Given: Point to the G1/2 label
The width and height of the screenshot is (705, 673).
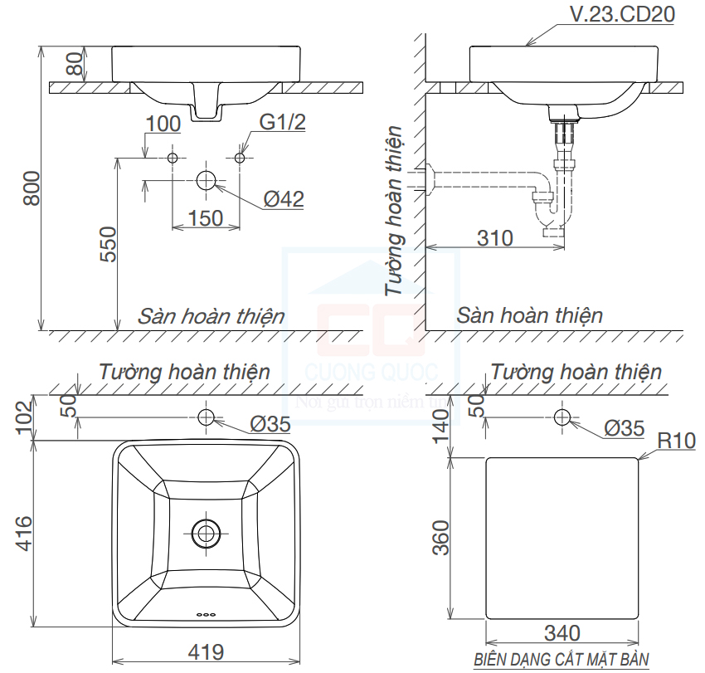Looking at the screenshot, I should point(283,123).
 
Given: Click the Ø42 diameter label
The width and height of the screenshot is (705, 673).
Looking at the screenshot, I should point(284,199).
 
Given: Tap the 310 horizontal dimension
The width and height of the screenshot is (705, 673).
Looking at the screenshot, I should point(495,237).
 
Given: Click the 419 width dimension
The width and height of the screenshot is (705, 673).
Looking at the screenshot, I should point(206,651).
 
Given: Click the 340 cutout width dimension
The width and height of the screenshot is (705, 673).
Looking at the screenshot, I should point(562,633).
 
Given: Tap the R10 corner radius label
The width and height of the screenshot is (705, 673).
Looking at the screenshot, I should point(676,441).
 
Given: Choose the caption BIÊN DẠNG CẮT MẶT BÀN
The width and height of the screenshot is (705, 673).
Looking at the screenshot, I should point(561,661).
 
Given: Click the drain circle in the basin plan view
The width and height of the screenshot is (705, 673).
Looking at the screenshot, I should point(206,532).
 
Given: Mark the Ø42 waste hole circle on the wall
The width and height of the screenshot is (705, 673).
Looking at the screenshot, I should point(206,180).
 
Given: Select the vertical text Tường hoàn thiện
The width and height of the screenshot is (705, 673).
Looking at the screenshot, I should point(396,211).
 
